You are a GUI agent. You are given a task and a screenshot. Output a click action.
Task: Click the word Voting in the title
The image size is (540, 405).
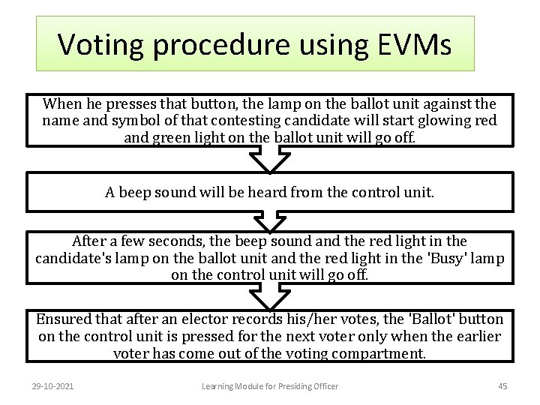99,44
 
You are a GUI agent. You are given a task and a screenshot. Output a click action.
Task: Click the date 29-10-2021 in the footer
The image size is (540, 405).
53,386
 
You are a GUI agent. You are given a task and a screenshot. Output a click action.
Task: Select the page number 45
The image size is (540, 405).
502,386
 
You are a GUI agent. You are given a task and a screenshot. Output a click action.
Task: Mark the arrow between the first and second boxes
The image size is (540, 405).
269,159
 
